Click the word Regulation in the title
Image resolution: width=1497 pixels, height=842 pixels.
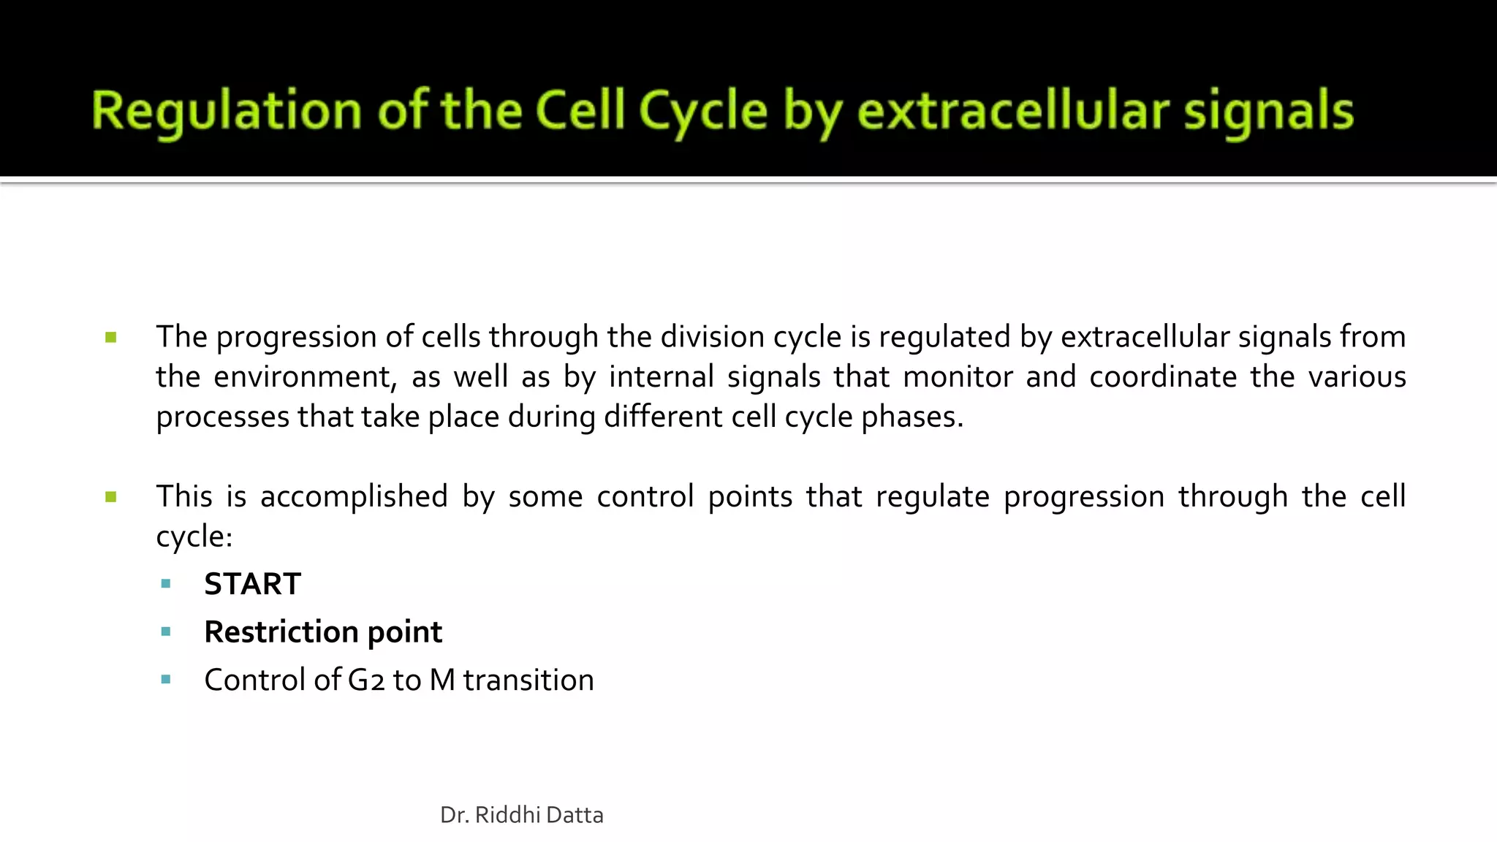tap(227, 112)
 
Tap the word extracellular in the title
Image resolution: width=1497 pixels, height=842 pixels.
tap(1012, 112)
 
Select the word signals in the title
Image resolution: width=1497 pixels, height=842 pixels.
tap(1269, 112)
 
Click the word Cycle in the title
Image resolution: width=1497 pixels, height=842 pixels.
tap(703, 112)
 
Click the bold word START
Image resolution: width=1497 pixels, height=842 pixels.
tap(252, 584)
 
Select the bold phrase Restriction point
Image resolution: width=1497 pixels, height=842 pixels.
tap(323, 632)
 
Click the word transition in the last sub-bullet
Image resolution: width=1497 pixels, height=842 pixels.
tap(528, 680)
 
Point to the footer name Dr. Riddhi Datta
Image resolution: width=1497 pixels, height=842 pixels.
tap(522, 815)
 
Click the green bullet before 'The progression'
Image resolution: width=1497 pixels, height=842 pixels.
tap(111, 338)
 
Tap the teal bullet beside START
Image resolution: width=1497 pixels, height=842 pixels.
tap(166, 584)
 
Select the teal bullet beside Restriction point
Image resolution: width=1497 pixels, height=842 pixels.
tap(166, 632)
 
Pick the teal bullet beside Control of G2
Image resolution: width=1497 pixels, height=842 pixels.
tap(166, 680)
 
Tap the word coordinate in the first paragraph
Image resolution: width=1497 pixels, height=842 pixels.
tap(1162, 377)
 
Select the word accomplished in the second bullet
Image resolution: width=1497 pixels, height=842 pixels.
tap(354, 497)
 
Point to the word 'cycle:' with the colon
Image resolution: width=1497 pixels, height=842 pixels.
tap(194, 537)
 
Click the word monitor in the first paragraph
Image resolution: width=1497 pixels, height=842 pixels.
tap(958, 377)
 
